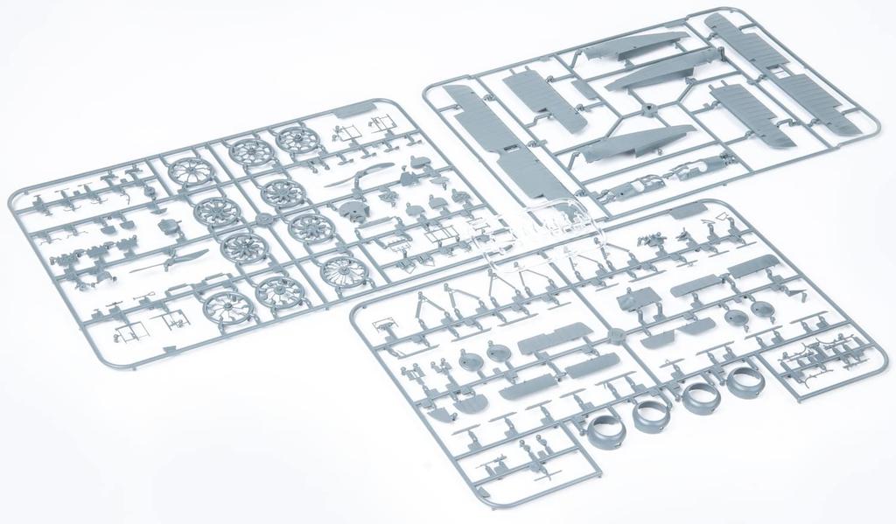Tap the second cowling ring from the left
click(x=650, y=413)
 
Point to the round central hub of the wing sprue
click(x=649, y=111)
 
